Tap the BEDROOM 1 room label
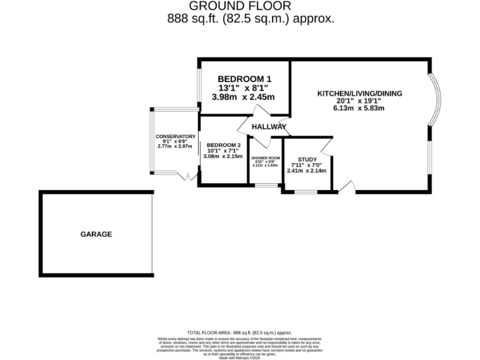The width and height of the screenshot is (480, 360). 244,79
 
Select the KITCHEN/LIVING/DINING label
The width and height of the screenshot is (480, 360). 359,94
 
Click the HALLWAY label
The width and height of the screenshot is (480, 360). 269,127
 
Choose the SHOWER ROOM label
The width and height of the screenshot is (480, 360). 265,158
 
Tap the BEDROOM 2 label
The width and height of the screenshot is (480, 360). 222,144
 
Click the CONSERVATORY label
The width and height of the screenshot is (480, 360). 176,137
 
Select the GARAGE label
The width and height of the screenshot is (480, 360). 96,234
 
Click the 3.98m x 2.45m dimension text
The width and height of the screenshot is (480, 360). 244,97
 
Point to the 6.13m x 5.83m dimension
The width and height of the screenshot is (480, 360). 359,107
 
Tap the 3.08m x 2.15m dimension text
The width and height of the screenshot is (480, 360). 222,156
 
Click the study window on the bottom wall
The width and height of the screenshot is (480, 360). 306,191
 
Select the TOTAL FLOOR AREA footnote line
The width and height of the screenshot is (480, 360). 239,332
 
